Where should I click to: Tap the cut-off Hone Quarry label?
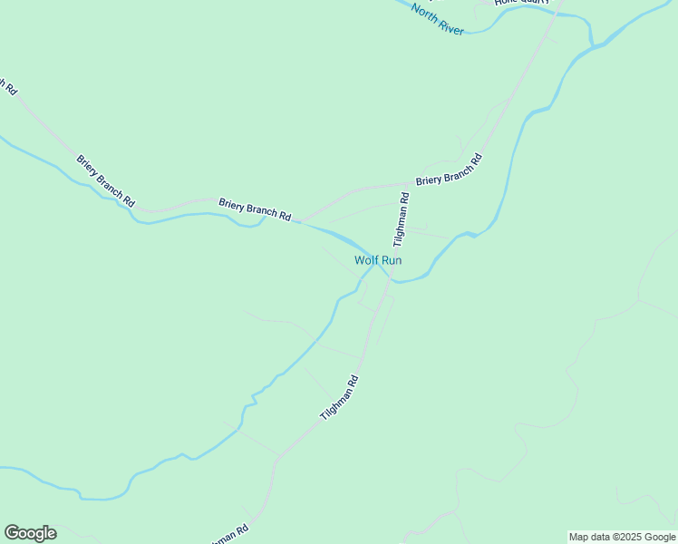[522, 3]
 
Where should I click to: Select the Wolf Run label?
[378, 260]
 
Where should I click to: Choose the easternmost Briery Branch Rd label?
[449, 170]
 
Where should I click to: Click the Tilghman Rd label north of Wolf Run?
[402, 219]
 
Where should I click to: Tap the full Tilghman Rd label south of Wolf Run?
[340, 397]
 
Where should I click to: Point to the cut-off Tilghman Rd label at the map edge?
[228, 535]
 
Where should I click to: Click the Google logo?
[30, 533]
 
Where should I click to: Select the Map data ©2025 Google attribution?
[621, 537]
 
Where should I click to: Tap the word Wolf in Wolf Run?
[366, 260]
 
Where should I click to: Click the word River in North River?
[450, 25]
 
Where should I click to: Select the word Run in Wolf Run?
[391, 260]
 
